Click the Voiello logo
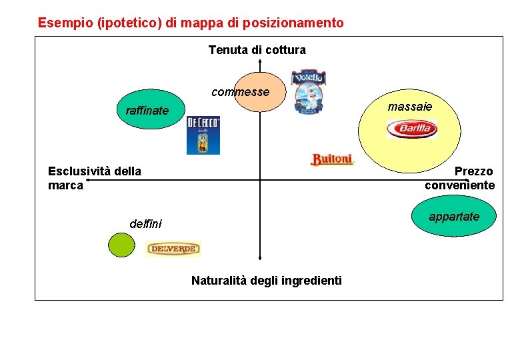309,91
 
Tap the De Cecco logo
203,135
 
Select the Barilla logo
411,129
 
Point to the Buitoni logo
331,159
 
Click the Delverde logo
173,249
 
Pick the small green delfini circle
121,245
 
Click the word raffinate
147,111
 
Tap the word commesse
240,92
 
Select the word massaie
409,106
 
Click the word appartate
453,217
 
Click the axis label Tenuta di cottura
257,50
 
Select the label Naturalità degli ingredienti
266,281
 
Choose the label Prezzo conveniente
460,178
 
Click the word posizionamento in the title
293,23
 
